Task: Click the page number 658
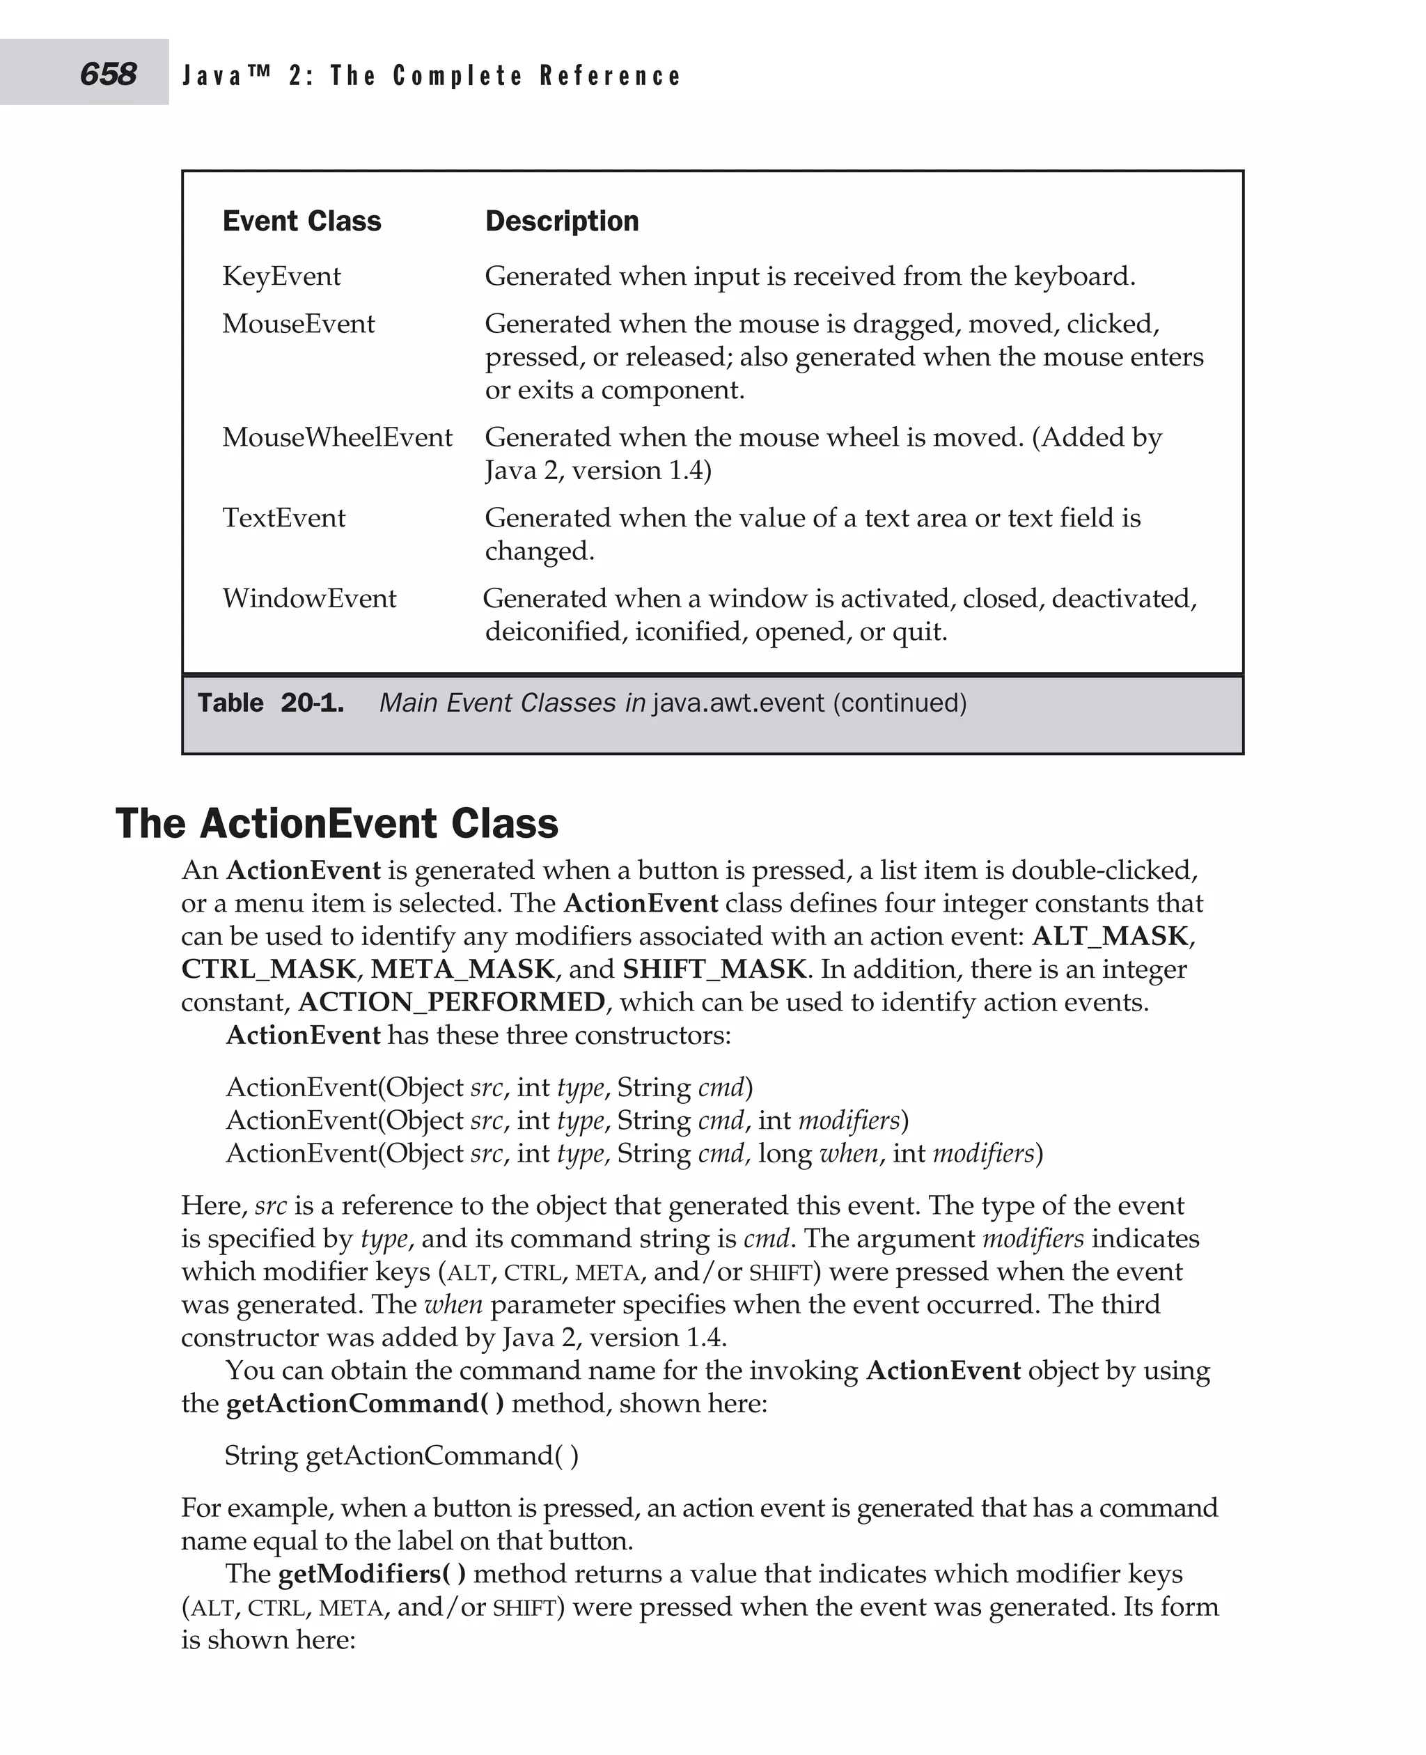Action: point(108,74)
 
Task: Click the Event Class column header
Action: point(301,221)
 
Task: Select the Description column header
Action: point(562,221)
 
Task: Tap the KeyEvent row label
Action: point(281,276)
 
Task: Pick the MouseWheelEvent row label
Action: point(337,437)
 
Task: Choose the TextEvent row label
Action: point(283,517)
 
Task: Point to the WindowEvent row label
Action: point(309,598)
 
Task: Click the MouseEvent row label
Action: point(298,324)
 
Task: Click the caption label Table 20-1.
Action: point(270,703)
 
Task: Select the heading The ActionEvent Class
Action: point(337,823)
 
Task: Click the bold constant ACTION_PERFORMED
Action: point(452,1001)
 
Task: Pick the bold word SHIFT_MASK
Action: point(714,969)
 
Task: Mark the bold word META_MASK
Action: point(463,969)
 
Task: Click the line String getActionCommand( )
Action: point(402,1455)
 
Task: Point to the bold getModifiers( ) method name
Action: point(372,1573)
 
